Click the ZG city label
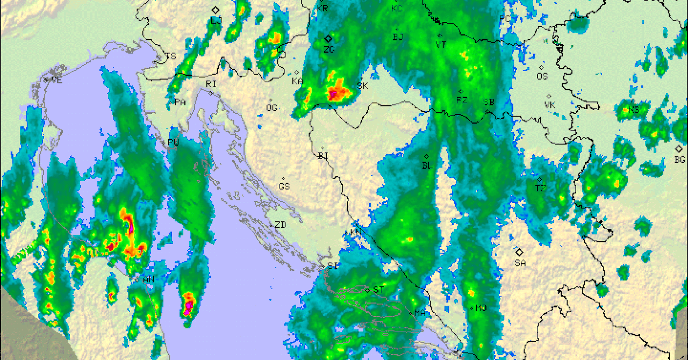[329, 49]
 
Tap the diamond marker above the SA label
[519, 251]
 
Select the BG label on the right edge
[679, 160]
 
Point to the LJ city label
[216, 20]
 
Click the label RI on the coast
[211, 84]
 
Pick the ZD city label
[280, 225]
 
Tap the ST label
[378, 290]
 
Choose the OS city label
[542, 76]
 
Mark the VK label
[549, 105]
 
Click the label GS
[284, 186]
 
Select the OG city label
[271, 108]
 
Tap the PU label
[173, 142]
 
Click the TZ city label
[540, 188]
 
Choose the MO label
[481, 308]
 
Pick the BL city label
[427, 165]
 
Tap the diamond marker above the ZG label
[328, 38]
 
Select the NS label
[634, 110]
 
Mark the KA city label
[297, 81]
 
